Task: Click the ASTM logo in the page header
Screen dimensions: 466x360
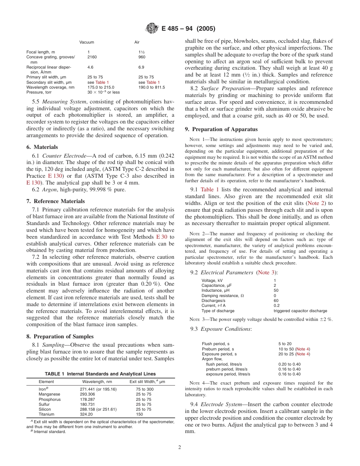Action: [x=153, y=29]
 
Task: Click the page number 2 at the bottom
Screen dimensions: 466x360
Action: [x=180, y=447]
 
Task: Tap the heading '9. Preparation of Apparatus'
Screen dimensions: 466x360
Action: [x=216, y=129]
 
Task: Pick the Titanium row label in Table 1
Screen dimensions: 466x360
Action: [x=46, y=414]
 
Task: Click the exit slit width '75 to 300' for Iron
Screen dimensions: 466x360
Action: [x=145, y=389]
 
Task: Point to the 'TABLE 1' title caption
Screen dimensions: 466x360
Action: [x=100, y=374]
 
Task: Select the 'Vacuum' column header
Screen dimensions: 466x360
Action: [x=87, y=42]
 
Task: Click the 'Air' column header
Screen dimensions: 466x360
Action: [x=137, y=42]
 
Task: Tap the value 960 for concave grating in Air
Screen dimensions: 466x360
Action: [x=142, y=57]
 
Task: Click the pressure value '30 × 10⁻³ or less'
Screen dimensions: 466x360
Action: [x=103, y=92]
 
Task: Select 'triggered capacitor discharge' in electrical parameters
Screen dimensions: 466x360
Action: [x=300, y=311]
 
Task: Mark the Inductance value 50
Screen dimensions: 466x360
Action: [x=276, y=291]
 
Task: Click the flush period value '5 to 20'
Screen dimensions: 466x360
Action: [x=285, y=344]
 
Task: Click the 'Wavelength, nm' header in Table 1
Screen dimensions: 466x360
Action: [x=97, y=382]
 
